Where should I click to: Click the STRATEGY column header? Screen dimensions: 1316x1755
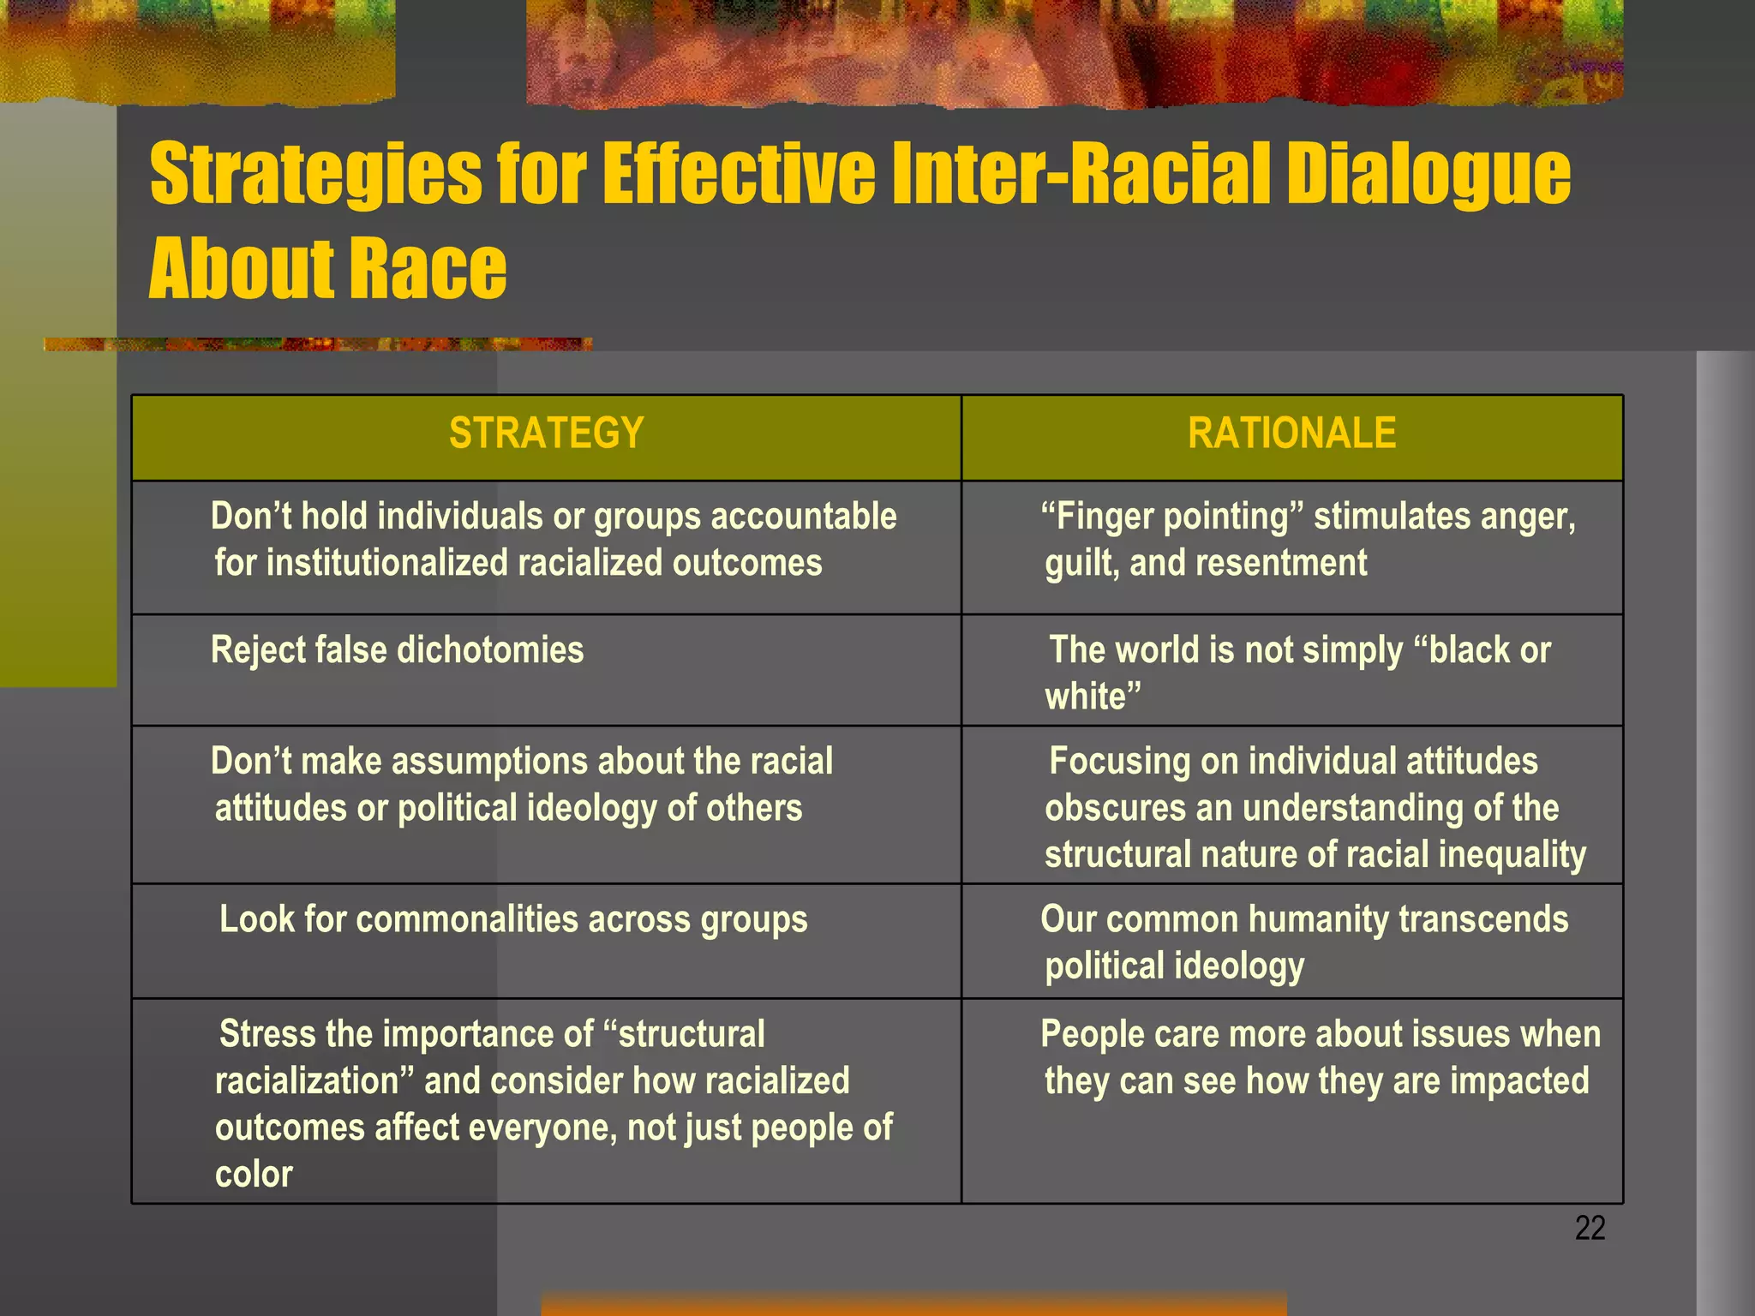tap(546, 434)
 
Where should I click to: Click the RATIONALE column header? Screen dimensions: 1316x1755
tap(1291, 434)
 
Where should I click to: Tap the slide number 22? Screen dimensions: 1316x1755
tap(1590, 1228)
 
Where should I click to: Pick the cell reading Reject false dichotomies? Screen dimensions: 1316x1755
tap(397, 650)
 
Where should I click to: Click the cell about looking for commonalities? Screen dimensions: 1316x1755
tap(513, 919)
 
